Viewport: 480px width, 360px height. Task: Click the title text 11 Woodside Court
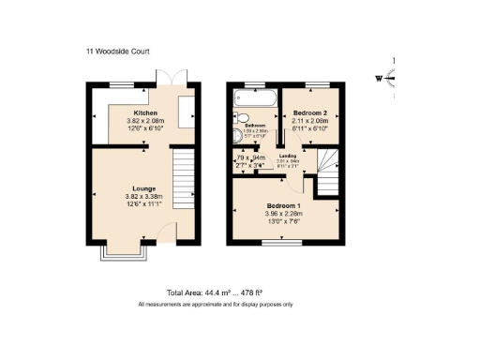click(119, 52)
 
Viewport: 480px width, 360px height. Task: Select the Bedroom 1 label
click(283, 205)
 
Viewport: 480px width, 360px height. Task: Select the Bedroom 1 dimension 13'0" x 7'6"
click(283, 221)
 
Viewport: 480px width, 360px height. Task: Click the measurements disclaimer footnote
click(216, 305)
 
